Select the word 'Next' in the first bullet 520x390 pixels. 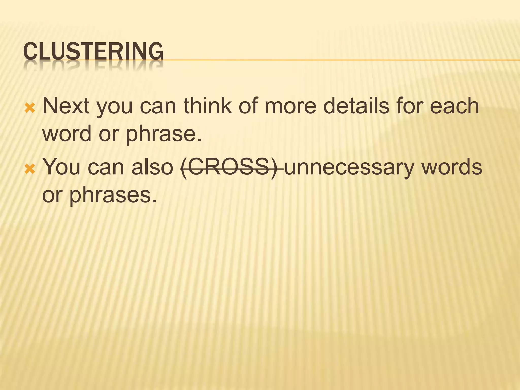click(x=66, y=106)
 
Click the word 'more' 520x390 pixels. click(x=290, y=106)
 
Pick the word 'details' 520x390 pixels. click(x=356, y=106)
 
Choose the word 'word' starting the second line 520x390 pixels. click(x=67, y=134)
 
